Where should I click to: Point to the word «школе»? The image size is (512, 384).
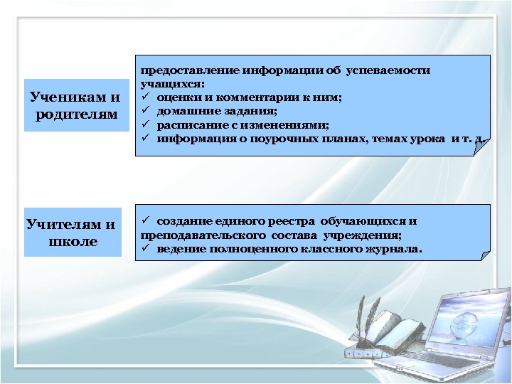click(73, 242)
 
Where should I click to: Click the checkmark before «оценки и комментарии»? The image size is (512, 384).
click(144, 97)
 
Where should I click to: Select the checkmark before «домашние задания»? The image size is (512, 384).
click(144, 110)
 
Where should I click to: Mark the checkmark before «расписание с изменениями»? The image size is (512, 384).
click(144, 124)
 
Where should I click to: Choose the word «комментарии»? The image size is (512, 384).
click(245, 97)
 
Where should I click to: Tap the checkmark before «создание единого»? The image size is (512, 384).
click(144, 221)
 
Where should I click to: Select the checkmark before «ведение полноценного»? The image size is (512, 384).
click(144, 249)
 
